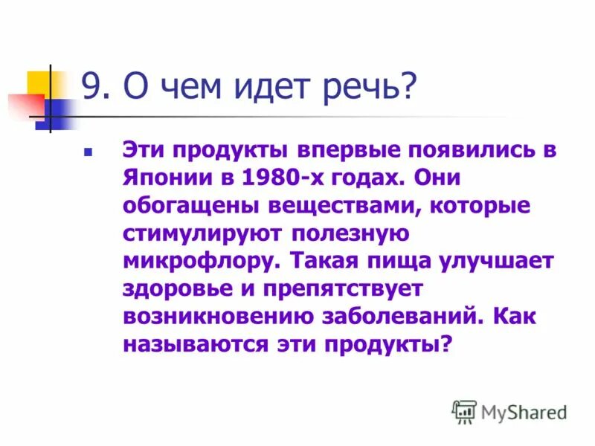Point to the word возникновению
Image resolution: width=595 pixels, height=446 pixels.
216,317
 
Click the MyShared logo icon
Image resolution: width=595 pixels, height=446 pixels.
464,411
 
